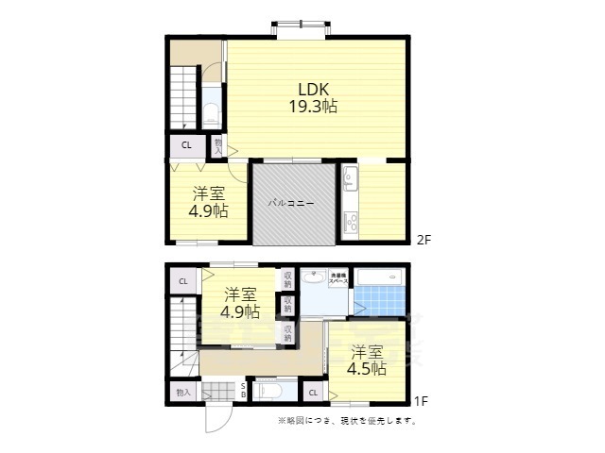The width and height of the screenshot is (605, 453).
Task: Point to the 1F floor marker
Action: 422,400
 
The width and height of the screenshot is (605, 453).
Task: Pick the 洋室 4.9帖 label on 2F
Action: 208,201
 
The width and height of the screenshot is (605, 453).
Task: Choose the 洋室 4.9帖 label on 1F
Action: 240,302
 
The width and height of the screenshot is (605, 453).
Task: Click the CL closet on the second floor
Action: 186,144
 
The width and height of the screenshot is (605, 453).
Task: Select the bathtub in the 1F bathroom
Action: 381,278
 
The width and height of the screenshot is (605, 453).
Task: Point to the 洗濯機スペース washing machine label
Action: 338,278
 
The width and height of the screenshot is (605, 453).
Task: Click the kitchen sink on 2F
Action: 350,177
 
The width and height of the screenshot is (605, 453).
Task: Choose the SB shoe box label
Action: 243,391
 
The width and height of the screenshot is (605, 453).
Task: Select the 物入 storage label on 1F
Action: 182,392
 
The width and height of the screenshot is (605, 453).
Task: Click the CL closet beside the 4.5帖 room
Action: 313,392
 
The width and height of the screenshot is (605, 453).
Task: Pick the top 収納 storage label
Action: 287,279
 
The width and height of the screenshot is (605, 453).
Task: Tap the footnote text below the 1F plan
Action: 346,420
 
